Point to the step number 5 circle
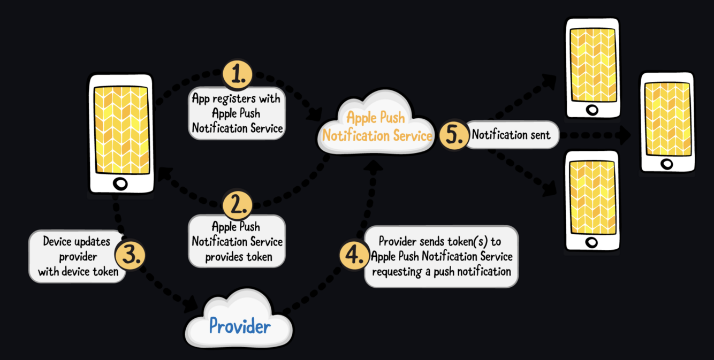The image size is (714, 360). [453, 135]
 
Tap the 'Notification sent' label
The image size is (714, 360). [511, 135]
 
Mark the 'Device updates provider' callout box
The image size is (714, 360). [75, 257]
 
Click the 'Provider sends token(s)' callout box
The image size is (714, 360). [441, 257]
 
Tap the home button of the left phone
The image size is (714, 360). [121, 184]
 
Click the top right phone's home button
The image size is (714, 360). [592, 110]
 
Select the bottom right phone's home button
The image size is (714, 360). [591, 242]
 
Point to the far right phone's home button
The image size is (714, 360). [667, 164]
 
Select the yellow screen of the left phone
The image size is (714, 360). [121, 129]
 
